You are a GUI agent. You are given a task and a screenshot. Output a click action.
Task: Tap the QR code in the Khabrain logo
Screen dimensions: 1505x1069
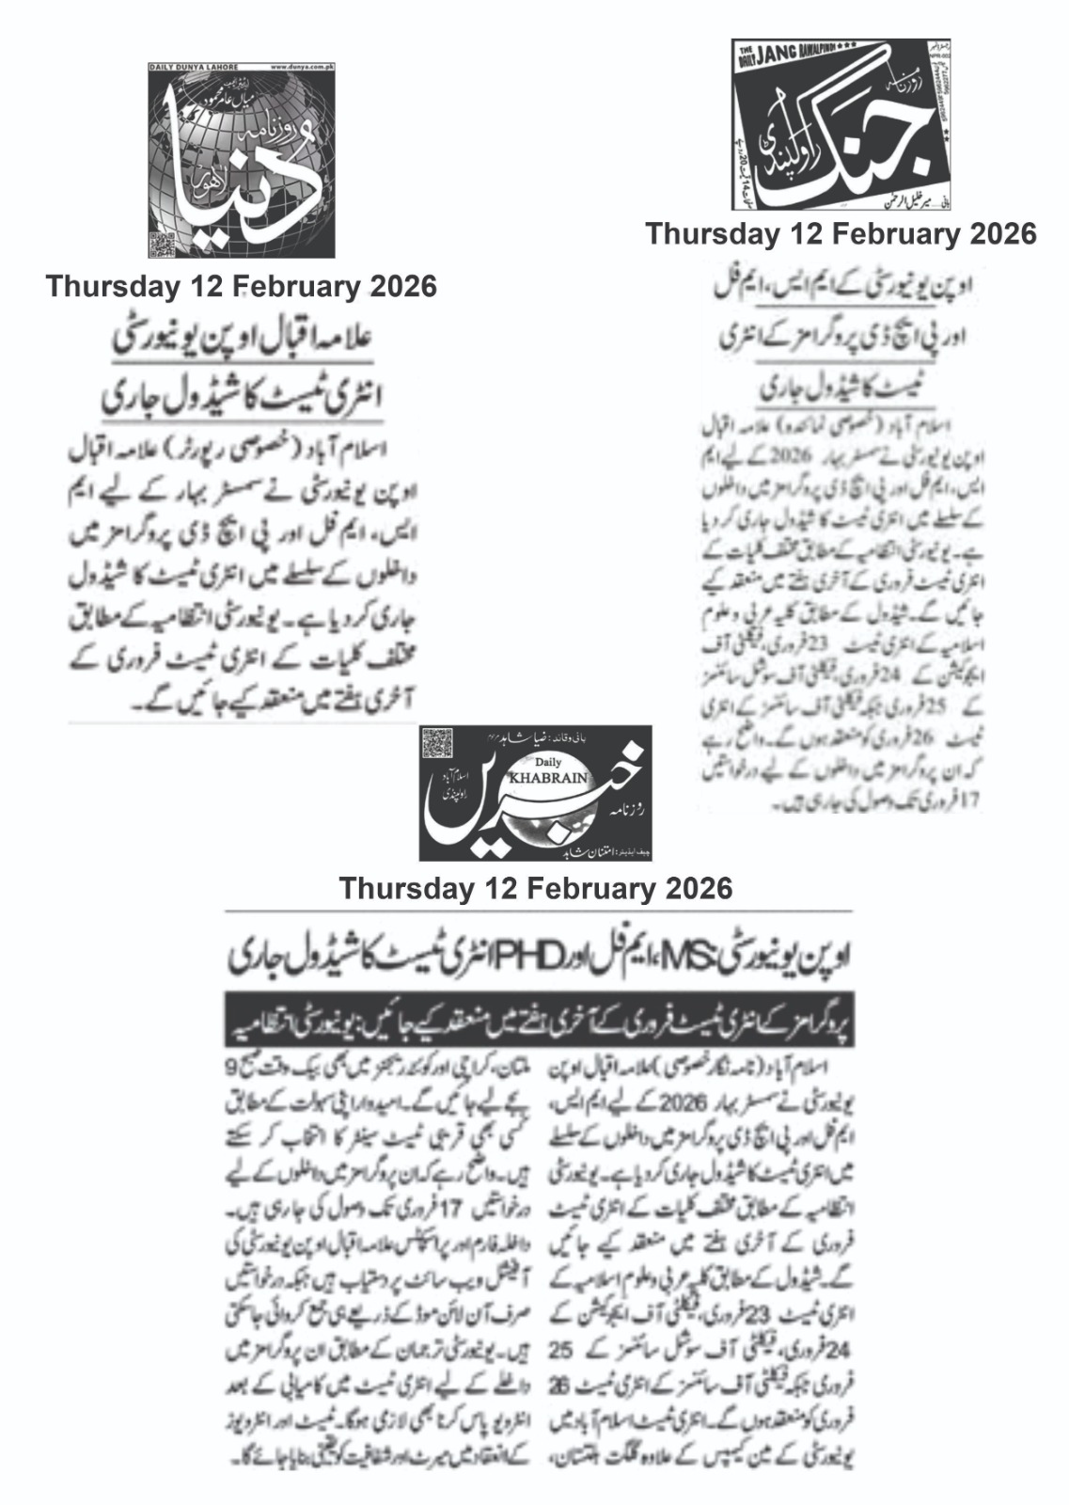(438, 746)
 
